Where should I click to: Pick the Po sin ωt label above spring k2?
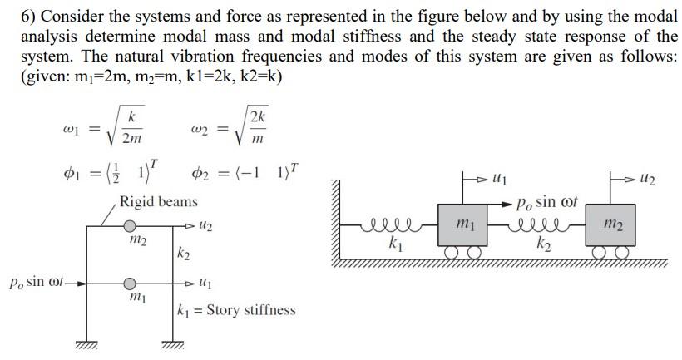tap(546, 202)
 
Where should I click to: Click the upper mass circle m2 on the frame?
tap(131, 224)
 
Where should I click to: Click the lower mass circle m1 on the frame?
tap(131, 284)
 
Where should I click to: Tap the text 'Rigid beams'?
tap(159, 201)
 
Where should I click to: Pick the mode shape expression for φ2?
tap(246, 174)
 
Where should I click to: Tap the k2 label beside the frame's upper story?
tap(184, 251)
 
